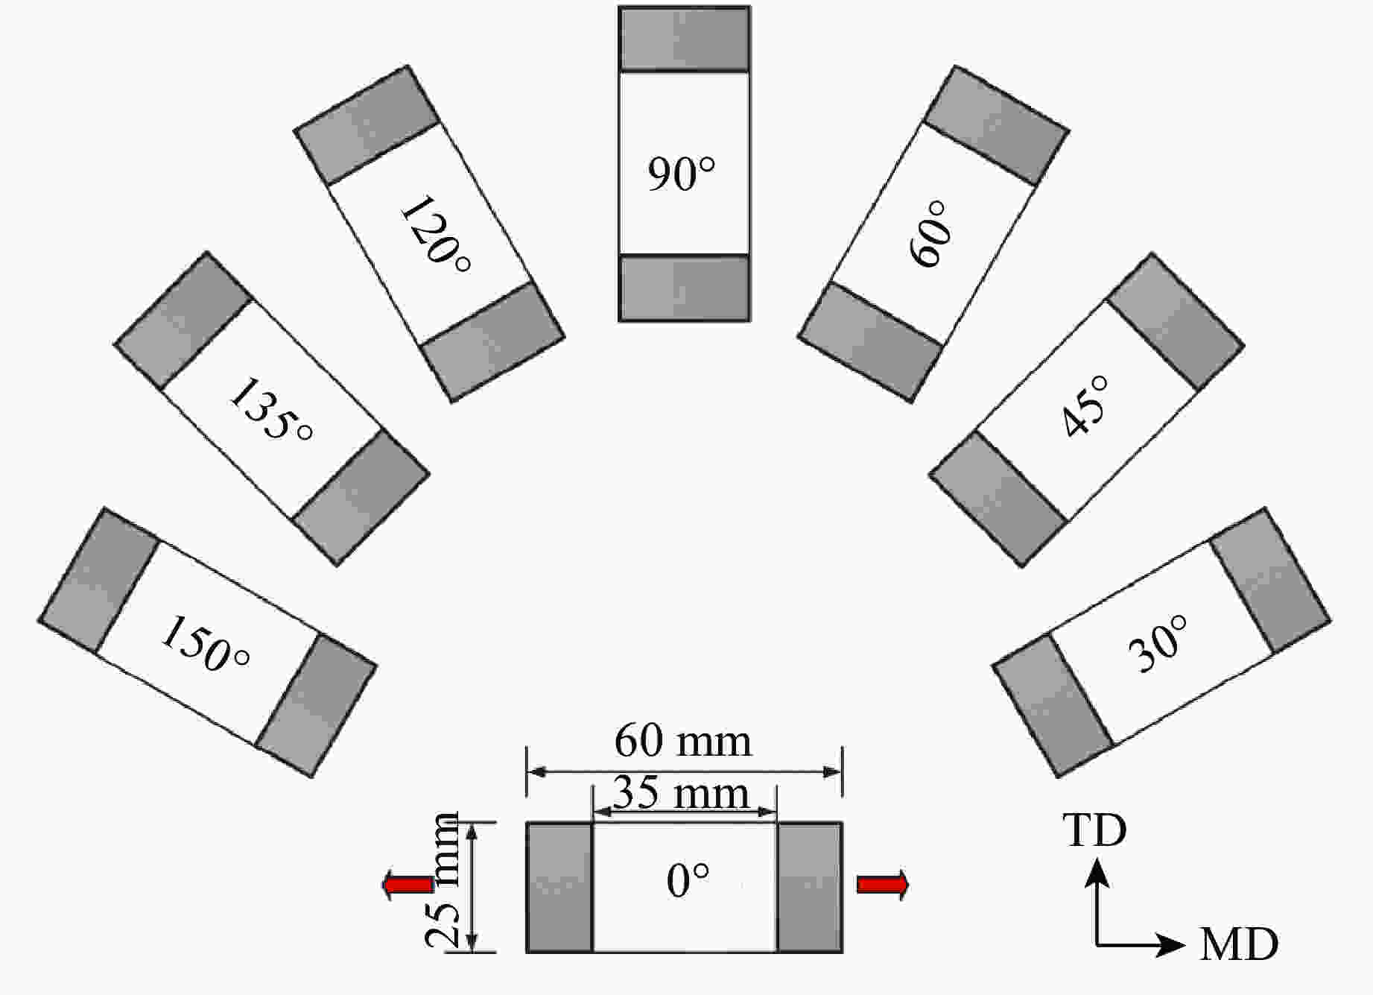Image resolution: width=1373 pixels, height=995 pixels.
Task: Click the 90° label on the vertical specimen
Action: pos(681,174)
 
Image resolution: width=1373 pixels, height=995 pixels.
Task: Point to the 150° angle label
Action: pos(205,644)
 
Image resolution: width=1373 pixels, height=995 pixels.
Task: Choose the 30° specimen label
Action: pos(1158,644)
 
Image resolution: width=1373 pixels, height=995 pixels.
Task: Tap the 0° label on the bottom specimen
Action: pos(687,880)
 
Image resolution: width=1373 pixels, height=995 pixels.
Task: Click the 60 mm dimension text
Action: pos(682,741)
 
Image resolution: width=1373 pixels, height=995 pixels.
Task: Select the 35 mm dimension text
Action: pos(680,793)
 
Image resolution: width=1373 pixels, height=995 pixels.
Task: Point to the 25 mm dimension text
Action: pos(443,880)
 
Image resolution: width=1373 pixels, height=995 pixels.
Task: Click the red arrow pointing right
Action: pos(883,885)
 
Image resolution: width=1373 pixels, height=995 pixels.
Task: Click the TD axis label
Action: pos(1094,830)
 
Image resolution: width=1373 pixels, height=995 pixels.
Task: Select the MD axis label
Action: pos(1239,944)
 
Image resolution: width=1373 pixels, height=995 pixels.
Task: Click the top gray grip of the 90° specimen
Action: pos(684,40)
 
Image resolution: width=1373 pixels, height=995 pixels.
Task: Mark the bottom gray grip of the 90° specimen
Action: pos(684,288)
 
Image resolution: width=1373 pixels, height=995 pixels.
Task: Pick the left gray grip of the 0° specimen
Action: pos(559,887)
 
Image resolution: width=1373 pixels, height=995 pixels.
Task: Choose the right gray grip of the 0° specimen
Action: pos(809,887)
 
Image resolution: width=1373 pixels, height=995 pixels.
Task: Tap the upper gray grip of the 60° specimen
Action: pos(996,125)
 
